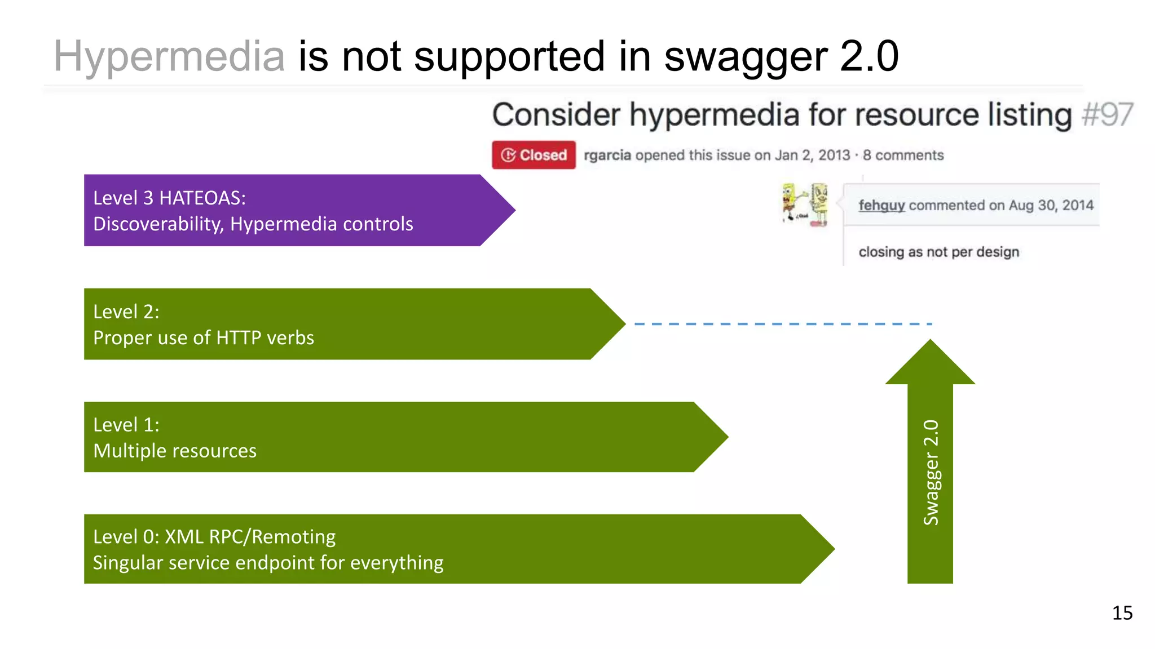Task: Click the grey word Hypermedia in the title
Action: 169,56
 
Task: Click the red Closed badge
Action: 534,155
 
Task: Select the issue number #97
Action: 1107,115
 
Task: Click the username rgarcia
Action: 607,155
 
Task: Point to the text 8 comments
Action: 903,155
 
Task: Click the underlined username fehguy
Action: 881,205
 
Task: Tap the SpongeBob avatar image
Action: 805,205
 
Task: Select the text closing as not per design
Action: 938,252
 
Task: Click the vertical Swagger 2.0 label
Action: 931,472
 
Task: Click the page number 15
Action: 1122,613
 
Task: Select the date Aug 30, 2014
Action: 1051,205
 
